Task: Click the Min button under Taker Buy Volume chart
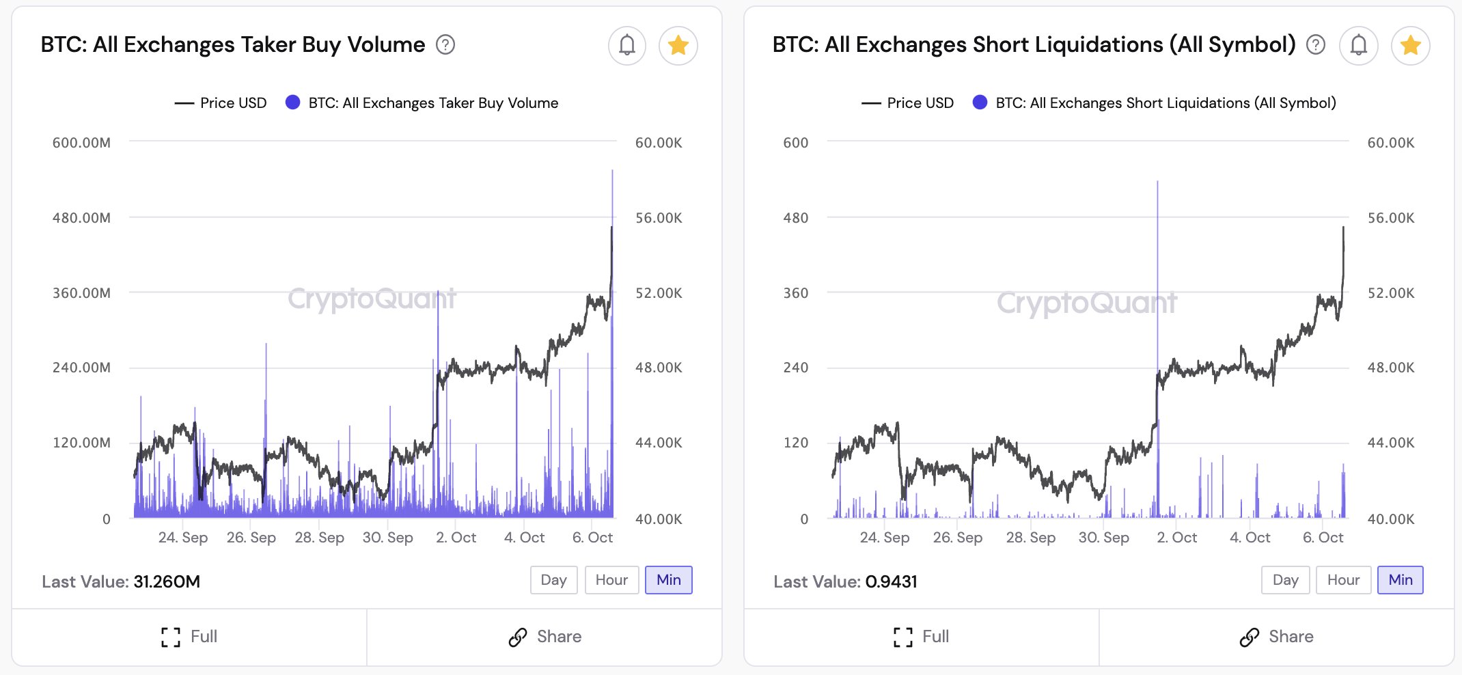[x=668, y=580]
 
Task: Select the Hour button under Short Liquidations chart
[x=1342, y=580]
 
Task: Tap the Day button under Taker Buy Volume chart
[x=553, y=580]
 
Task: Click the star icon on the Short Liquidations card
[x=1410, y=46]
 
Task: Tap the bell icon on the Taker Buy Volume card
[x=626, y=46]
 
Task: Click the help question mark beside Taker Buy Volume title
[x=445, y=45]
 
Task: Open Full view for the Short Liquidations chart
[x=921, y=637]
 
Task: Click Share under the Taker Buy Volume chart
[x=544, y=637]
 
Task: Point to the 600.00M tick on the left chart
[x=81, y=143]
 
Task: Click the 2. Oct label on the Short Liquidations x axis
[x=1176, y=538]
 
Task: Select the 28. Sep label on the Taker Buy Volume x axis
[x=319, y=538]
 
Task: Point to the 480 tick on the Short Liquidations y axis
[x=795, y=218]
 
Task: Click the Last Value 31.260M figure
[x=167, y=581]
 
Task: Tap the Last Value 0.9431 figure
[x=891, y=581]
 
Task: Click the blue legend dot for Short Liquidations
[x=980, y=102]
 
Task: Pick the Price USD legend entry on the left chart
[x=221, y=103]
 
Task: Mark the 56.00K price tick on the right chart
[x=1390, y=218]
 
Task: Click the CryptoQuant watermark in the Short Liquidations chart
[x=1086, y=303]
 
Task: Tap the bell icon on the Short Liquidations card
[x=1359, y=46]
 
